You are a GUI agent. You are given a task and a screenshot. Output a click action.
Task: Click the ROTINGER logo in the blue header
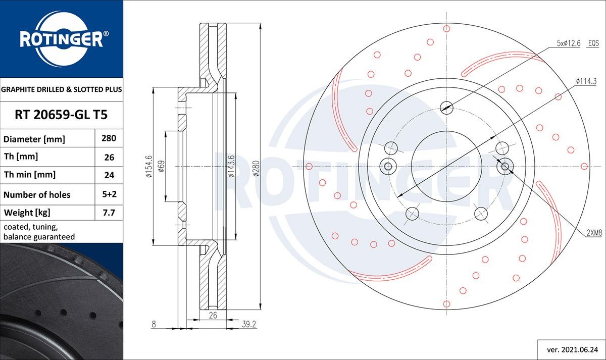pos(61,39)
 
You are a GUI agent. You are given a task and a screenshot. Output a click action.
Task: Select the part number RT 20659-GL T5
pos(61,115)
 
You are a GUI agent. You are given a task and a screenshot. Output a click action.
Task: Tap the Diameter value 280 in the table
pos(109,138)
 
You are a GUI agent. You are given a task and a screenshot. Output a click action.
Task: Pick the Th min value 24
pos(109,175)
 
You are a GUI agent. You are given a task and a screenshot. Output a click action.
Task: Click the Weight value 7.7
pos(109,213)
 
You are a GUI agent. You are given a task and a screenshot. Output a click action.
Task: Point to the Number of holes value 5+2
pos(109,194)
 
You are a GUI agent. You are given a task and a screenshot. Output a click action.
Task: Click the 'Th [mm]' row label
pos(21,157)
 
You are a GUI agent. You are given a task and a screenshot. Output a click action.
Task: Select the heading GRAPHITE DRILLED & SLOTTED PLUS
pos(61,89)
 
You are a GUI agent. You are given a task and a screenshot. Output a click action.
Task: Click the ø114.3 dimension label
pos(586,81)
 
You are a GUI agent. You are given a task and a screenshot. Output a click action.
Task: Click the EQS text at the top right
pos(593,44)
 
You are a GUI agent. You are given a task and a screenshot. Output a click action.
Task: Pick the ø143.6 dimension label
pos(231,166)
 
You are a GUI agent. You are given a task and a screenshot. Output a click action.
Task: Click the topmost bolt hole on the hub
pos(446,107)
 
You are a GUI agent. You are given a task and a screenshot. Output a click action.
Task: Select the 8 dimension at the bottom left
pos(154,325)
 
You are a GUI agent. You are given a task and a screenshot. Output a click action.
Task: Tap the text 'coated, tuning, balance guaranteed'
pos(39,232)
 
